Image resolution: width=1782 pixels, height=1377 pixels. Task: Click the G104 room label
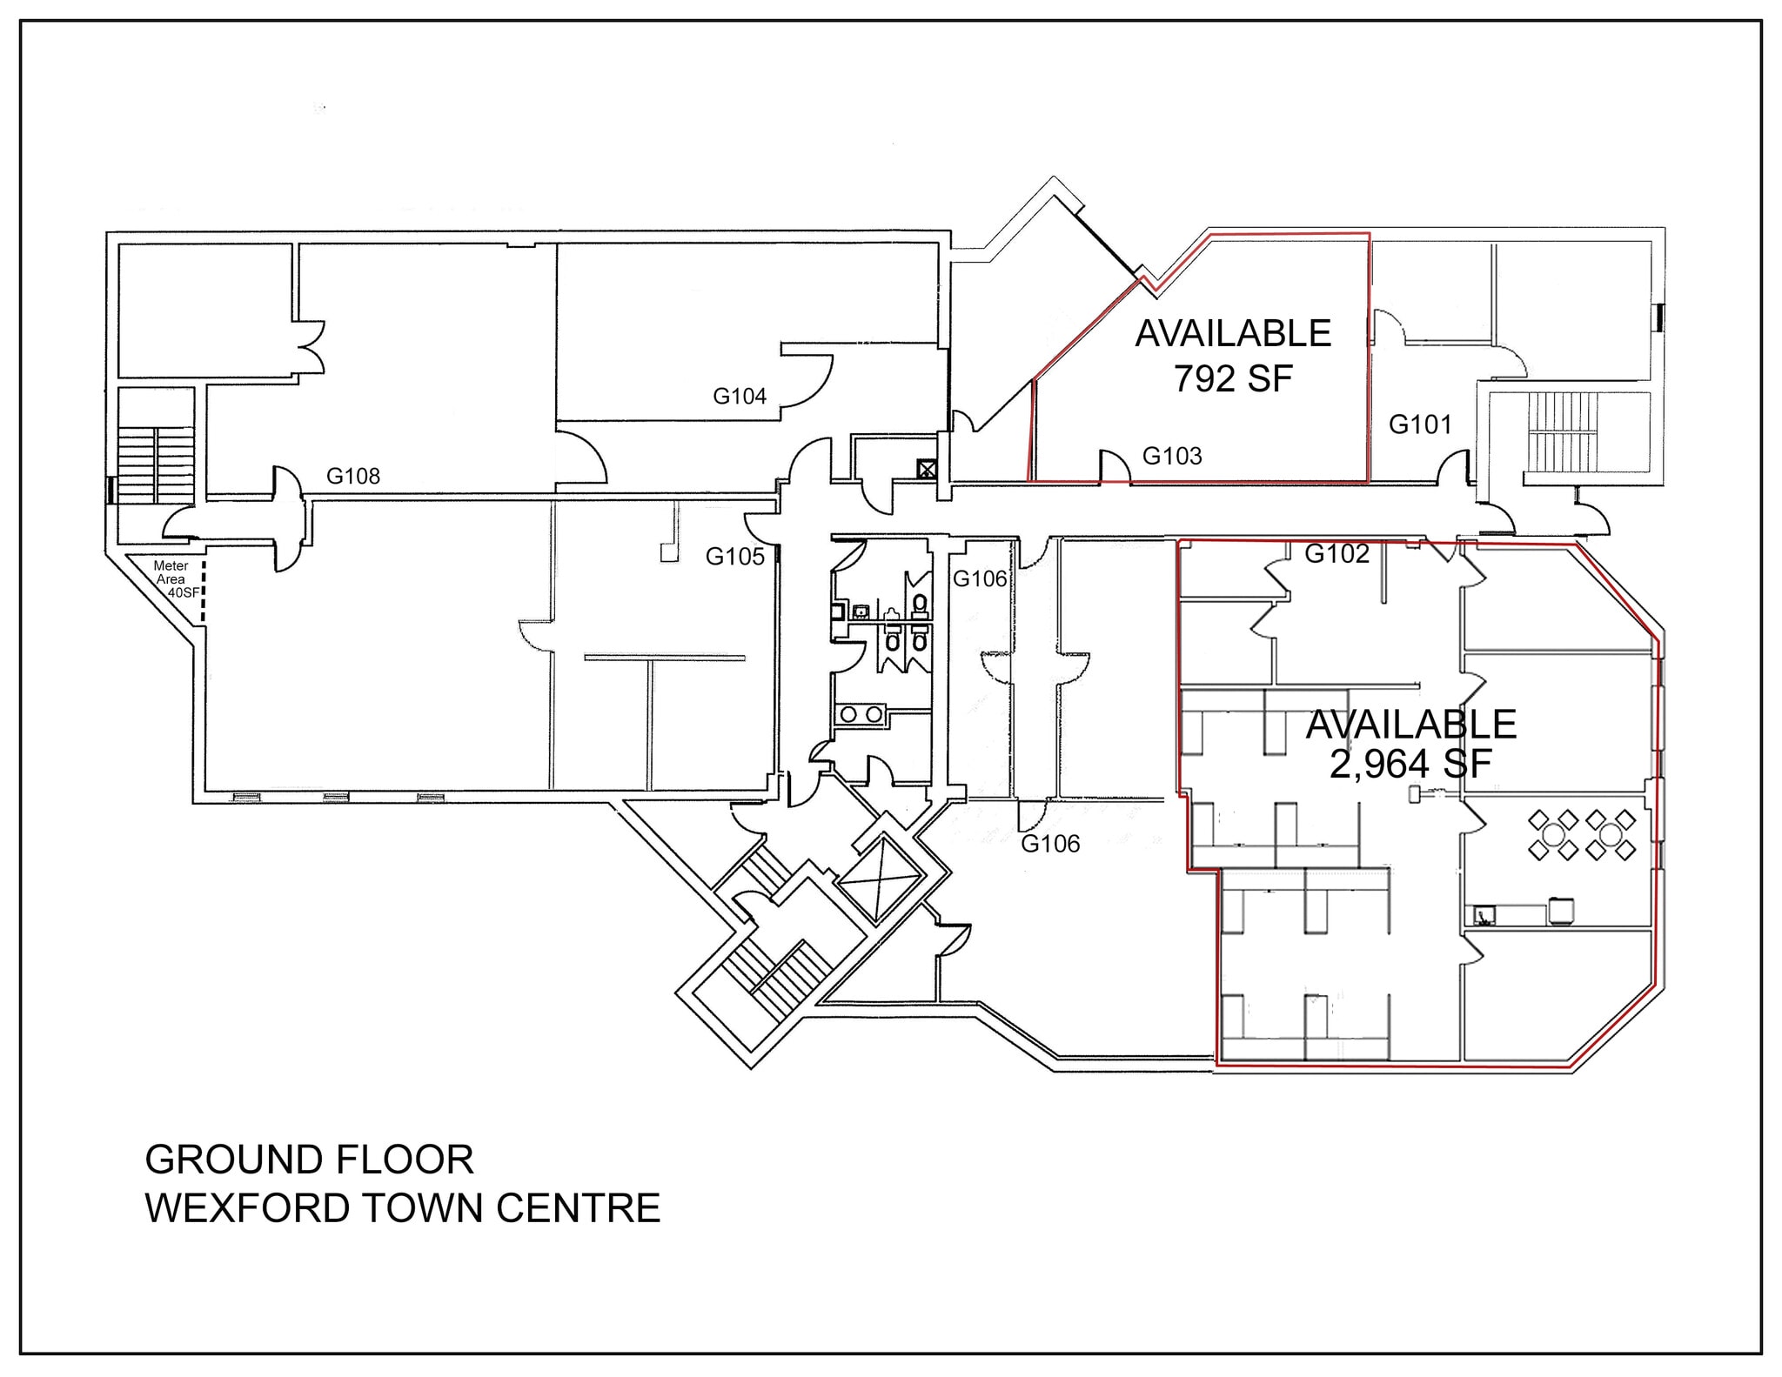click(x=739, y=397)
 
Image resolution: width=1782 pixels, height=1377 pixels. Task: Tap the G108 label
click(x=352, y=476)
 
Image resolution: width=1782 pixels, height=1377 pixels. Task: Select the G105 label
click(x=734, y=557)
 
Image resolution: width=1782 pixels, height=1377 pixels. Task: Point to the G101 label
click(x=1420, y=424)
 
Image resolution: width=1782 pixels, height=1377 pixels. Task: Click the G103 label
click(x=1171, y=456)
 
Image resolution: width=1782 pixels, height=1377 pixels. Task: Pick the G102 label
click(x=1336, y=553)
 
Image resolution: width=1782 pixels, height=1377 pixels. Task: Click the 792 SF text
click(x=1233, y=378)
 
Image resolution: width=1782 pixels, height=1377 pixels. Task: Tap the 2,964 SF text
click(x=1410, y=764)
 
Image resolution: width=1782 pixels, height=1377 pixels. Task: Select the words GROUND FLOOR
click(x=309, y=1160)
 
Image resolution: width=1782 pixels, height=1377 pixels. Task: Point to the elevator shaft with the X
click(x=879, y=879)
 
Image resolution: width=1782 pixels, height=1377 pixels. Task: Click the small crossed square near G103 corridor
click(x=926, y=471)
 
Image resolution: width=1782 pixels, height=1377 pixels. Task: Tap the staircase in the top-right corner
click(x=1563, y=431)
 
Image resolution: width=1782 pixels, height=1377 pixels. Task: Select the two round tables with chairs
click(x=1582, y=834)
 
